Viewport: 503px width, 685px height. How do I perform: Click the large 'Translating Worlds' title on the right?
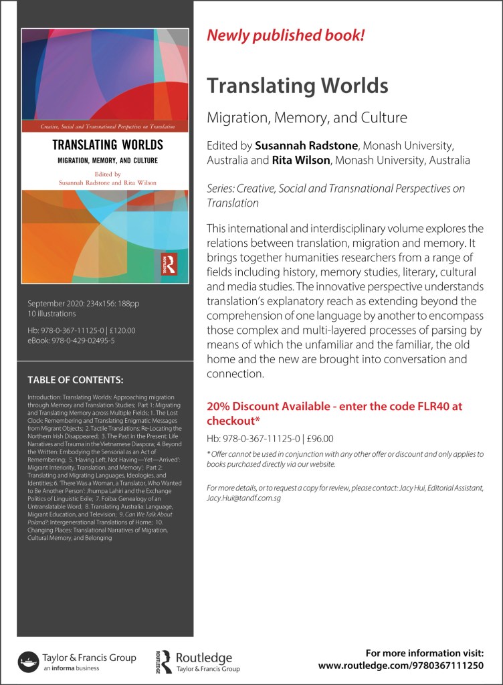(297, 86)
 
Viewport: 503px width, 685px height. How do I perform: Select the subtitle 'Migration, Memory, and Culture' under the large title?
(307, 118)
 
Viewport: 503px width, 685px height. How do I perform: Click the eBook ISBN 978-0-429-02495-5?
(83, 340)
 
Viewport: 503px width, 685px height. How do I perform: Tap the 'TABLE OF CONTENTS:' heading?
(76, 380)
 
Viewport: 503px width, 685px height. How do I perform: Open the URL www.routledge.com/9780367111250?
(410, 666)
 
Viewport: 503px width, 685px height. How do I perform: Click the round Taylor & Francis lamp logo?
(27, 661)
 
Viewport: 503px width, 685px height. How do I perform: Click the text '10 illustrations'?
(52, 313)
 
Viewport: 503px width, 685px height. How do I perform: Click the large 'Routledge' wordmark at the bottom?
(203, 658)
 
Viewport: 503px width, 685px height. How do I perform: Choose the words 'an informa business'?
(72, 669)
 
